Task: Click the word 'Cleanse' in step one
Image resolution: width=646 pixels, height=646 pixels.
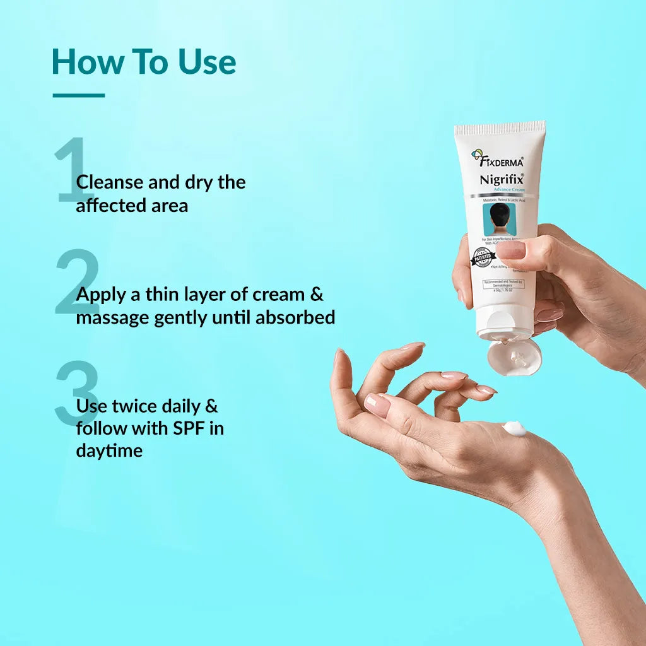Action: coord(109,182)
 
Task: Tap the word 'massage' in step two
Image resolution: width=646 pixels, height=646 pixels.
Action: coord(112,317)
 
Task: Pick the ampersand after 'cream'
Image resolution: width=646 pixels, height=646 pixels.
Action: coord(317,295)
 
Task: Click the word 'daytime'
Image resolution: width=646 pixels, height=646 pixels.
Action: coord(109,451)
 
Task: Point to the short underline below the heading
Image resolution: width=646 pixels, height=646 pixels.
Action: coord(78,96)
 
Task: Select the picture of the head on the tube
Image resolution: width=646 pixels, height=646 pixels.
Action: coord(499,218)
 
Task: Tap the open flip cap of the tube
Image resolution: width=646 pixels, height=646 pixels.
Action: coord(514,357)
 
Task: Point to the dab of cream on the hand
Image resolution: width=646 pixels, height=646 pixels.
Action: coord(514,429)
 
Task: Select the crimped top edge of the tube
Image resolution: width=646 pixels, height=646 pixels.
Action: coord(500,129)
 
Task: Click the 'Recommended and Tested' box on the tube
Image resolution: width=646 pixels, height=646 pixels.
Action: coord(503,285)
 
